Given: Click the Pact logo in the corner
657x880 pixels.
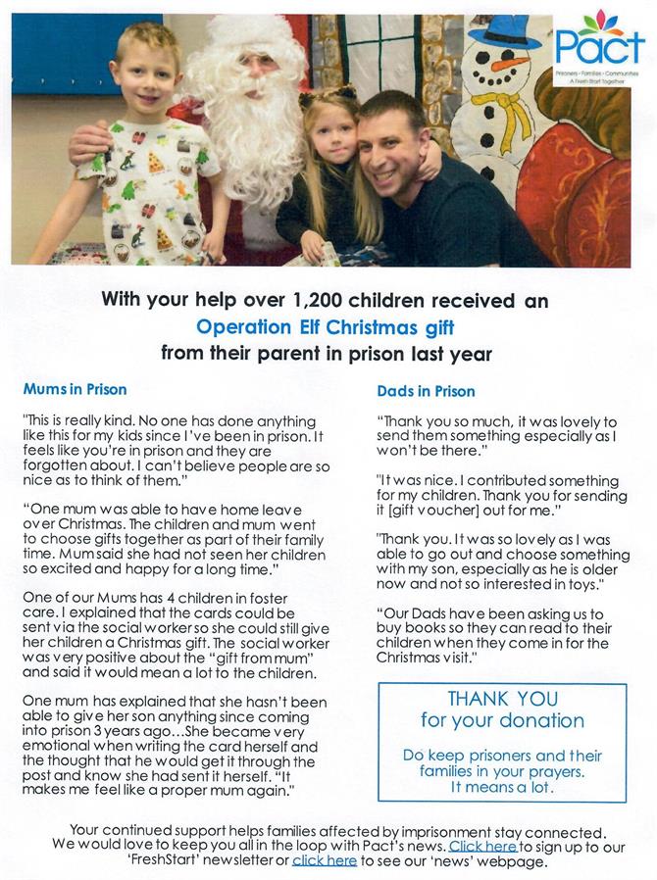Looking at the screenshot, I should tap(599, 49).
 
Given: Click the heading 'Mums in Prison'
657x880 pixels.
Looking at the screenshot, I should tap(75, 389).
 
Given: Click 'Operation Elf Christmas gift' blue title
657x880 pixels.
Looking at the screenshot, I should tap(326, 326).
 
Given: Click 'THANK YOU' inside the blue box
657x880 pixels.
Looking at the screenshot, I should tap(502, 699).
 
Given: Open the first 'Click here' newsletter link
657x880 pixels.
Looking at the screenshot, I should tap(482, 845).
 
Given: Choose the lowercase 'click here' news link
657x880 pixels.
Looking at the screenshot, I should tap(325, 860).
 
